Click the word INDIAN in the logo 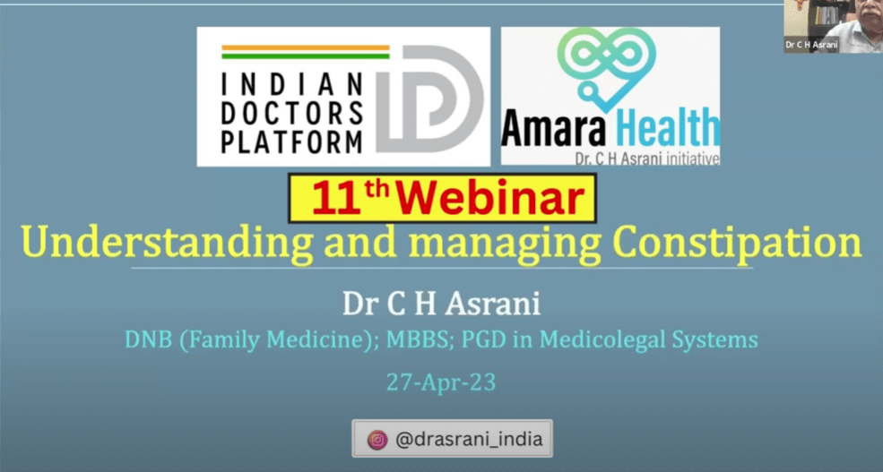pyautogui.click(x=291, y=85)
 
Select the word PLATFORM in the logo pyautogui.click(x=291, y=142)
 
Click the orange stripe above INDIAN pyautogui.click(x=305, y=47)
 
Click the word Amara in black pyautogui.click(x=552, y=128)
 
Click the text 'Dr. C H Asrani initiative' pyautogui.click(x=647, y=159)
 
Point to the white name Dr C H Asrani pyautogui.click(x=441, y=304)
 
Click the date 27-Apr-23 pyautogui.click(x=441, y=382)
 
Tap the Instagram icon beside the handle pyautogui.click(x=377, y=440)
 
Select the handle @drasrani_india pyautogui.click(x=469, y=439)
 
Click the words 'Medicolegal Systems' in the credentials pyautogui.click(x=649, y=339)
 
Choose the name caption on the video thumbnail pyautogui.click(x=811, y=45)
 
